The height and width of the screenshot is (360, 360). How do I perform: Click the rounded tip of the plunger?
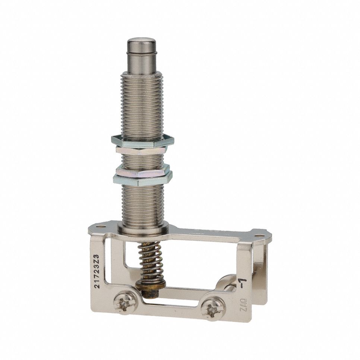coord(141,42)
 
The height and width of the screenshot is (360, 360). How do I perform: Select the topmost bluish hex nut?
coord(142,141)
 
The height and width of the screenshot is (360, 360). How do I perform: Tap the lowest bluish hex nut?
coord(143,181)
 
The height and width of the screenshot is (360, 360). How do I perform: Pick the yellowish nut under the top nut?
coord(142,150)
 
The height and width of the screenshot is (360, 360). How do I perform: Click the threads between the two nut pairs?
coord(142,160)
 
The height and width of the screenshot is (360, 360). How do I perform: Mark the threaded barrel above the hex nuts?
coord(142,104)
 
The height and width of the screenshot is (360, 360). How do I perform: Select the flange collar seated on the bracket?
coord(143,227)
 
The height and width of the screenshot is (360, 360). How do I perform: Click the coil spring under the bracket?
coord(151,261)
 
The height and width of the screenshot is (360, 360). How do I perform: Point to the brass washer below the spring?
coord(151,285)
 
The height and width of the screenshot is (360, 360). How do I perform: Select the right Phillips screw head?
coord(212,309)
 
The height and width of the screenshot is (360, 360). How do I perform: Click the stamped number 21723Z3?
coord(97,271)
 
